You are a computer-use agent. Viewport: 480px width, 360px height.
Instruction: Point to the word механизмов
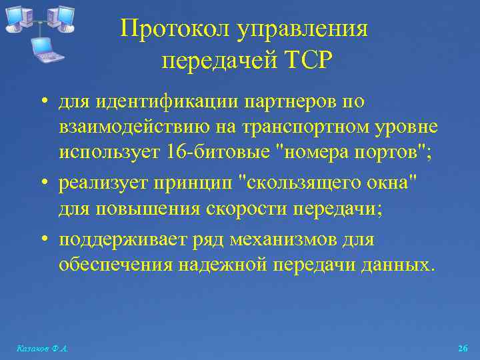[289, 238]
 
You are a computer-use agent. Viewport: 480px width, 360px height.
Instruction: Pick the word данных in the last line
[400, 265]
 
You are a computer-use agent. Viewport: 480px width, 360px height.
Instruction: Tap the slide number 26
[463, 349]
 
